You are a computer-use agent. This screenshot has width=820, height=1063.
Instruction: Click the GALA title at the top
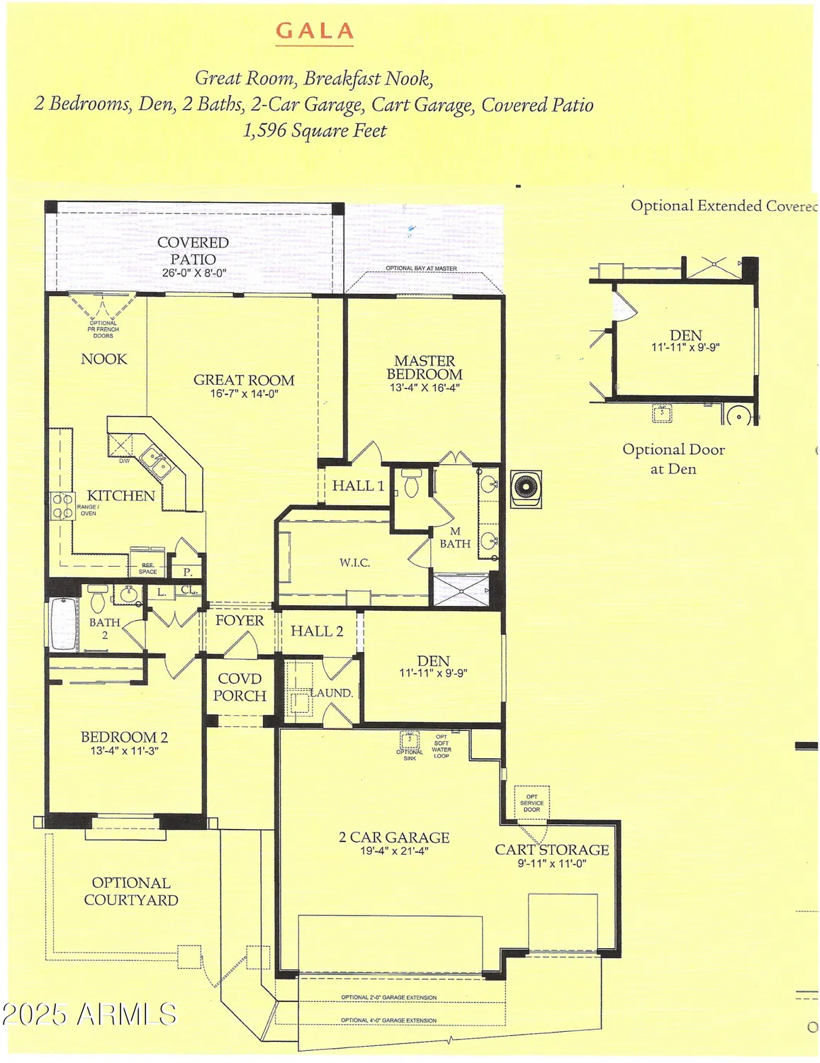(314, 31)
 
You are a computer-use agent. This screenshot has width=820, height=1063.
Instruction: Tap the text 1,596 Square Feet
(315, 131)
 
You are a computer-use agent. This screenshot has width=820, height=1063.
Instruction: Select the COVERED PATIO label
(193, 251)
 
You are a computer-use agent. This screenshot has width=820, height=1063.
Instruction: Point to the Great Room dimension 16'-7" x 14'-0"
(244, 394)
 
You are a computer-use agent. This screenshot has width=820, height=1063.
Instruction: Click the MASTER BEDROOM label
(425, 367)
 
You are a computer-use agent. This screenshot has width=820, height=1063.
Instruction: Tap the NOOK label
(104, 359)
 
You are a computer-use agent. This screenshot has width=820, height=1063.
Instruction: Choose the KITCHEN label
(120, 495)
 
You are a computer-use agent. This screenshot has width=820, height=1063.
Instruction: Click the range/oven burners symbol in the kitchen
(62, 507)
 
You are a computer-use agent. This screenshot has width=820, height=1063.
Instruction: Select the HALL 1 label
(358, 486)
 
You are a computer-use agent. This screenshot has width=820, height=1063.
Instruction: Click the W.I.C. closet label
(354, 563)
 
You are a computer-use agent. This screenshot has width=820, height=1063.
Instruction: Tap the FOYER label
(240, 621)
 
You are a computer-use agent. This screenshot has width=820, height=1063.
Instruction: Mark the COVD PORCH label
(240, 687)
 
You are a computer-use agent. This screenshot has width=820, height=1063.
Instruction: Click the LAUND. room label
(332, 693)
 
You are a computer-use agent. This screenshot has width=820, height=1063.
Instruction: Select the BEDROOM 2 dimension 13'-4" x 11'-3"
(124, 750)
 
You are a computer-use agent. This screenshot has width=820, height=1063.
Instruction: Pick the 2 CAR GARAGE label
(394, 838)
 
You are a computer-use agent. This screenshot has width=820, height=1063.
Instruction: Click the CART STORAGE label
(551, 850)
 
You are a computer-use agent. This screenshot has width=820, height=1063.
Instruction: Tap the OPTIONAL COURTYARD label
(131, 892)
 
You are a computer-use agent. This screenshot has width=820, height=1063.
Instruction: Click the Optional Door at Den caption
(673, 459)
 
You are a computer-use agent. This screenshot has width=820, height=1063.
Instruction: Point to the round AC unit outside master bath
(526, 488)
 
